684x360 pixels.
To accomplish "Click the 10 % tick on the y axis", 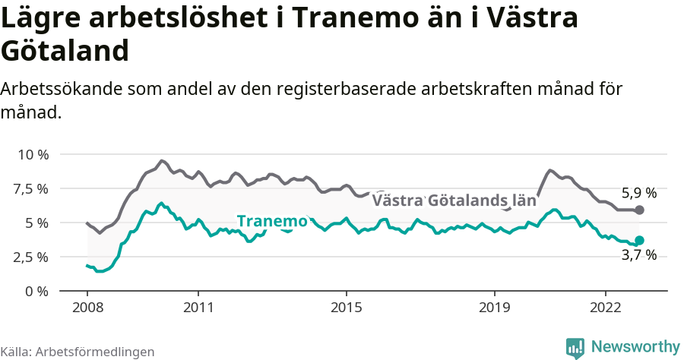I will coord(33,154).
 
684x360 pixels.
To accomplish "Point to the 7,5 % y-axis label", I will coord(33,188).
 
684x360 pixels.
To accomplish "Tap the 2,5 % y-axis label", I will coord(33,257).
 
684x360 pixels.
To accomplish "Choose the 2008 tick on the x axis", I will coord(87,308).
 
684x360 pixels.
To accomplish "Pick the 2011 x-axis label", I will coord(198,308).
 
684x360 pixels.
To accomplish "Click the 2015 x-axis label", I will coord(347,308).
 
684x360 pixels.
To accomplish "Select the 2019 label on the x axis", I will coord(495,308).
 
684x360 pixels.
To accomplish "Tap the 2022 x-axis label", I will coord(606,308).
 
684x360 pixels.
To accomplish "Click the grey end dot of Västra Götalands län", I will coord(639,210).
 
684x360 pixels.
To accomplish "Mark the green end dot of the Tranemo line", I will coord(639,240).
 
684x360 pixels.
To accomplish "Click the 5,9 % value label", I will coord(639,193).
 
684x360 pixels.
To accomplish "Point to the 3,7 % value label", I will coord(639,256).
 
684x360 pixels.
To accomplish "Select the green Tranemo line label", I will coord(272,221).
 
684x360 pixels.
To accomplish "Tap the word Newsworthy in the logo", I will coord(635,346).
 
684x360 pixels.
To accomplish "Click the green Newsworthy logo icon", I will coord(575,347).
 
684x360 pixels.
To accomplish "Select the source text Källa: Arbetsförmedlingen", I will coord(78,352).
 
